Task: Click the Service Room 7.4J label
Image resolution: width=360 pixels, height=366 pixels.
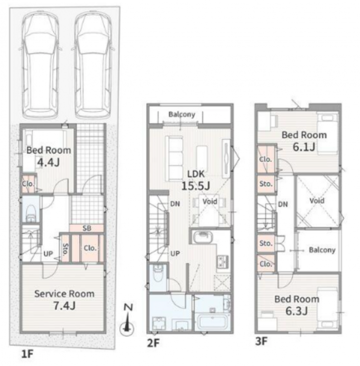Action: pyautogui.click(x=64, y=300)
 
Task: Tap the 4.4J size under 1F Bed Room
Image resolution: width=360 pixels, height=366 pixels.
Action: pyautogui.click(x=48, y=162)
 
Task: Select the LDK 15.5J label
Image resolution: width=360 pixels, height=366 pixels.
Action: pyautogui.click(x=196, y=180)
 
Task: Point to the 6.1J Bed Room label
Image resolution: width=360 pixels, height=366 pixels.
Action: pyautogui.click(x=304, y=141)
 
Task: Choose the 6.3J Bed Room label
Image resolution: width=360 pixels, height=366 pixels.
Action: pyautogui.click(x=296, y=305)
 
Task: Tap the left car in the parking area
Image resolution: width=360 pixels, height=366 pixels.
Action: pyautogui.click(x=40, y=65)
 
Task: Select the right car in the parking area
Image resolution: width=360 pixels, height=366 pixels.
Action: pyautogui.click(x=93, y=65)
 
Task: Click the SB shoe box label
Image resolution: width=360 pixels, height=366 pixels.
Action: pyautogui.click(x=86, y=228)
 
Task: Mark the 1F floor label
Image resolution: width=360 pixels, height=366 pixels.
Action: pyautogui.click(x=27, y=354)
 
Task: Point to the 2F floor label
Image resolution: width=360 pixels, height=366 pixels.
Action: pyautogui.click(x=153, y=343)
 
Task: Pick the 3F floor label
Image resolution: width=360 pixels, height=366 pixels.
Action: pyautogui.click(x=261, y=341)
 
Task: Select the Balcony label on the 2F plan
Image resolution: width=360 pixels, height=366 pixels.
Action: pyautogui.click(x=182, y=114)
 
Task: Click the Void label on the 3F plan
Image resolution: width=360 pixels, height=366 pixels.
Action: pyautogui.click(x=317, y=201)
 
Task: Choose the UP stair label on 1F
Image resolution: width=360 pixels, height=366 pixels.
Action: pyautogui.click(x=48, y=254)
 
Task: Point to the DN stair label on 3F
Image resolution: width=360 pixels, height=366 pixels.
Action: pyautogui.click(x=283, y=204)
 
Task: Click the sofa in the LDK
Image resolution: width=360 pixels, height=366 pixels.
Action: pyautogui.click(x=174, y=159)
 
